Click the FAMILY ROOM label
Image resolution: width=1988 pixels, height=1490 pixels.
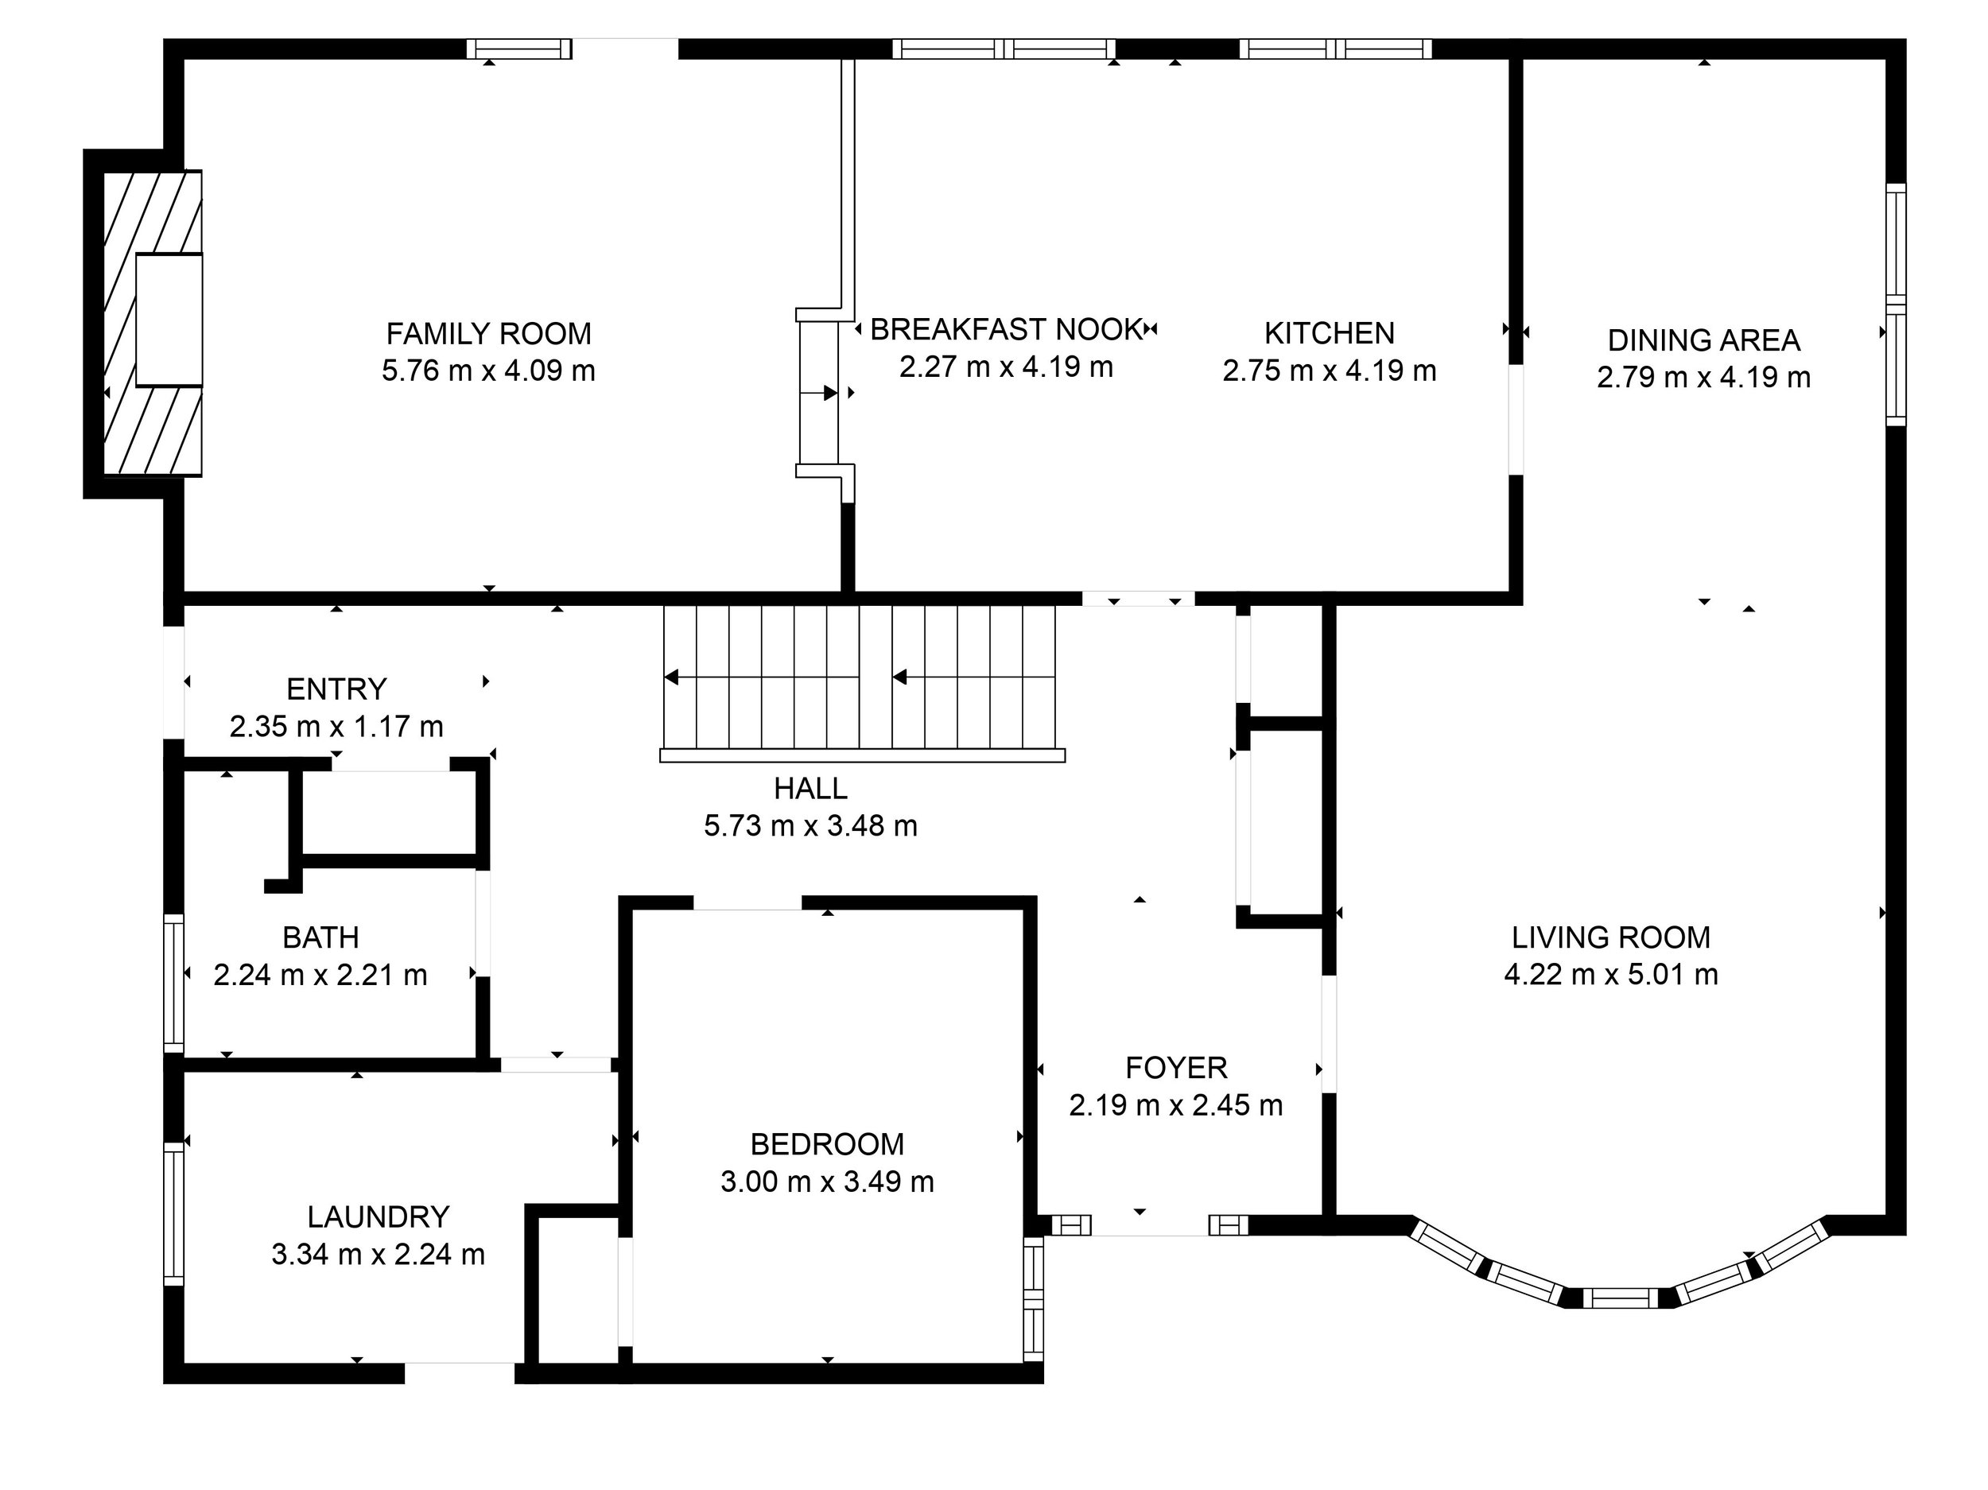click(489, 333)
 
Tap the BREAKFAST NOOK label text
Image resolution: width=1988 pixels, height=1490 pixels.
click(1007, 330)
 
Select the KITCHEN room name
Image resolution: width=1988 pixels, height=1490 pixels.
click(1330, 333)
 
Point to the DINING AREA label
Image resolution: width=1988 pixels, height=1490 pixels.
click(1703, 340)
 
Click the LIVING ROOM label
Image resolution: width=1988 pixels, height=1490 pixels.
click(1610, 937)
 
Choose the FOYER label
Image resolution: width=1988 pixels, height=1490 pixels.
click(1175, 1068)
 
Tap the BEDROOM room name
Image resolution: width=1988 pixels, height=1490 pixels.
click(827, 1144)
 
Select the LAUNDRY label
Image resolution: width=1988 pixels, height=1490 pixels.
click(378, 1216)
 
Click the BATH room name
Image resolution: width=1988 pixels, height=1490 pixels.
click(320, 937)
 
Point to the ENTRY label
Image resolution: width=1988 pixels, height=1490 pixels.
click(336, 689)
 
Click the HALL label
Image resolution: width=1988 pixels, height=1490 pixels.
click(810, 788)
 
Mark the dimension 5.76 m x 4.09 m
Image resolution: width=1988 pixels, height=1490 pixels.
click(489, 371)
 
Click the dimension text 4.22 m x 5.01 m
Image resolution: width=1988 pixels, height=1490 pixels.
click(1610, 974)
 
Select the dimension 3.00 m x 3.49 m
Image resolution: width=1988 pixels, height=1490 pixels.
click(827, 1181)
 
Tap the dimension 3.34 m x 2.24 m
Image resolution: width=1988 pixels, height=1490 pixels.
click(378, 1254)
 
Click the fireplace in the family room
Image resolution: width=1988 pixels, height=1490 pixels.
click(153, 323)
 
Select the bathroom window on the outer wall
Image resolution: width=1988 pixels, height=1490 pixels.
click(173, 984)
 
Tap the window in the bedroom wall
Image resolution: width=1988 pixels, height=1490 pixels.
click(1034, 1298)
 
